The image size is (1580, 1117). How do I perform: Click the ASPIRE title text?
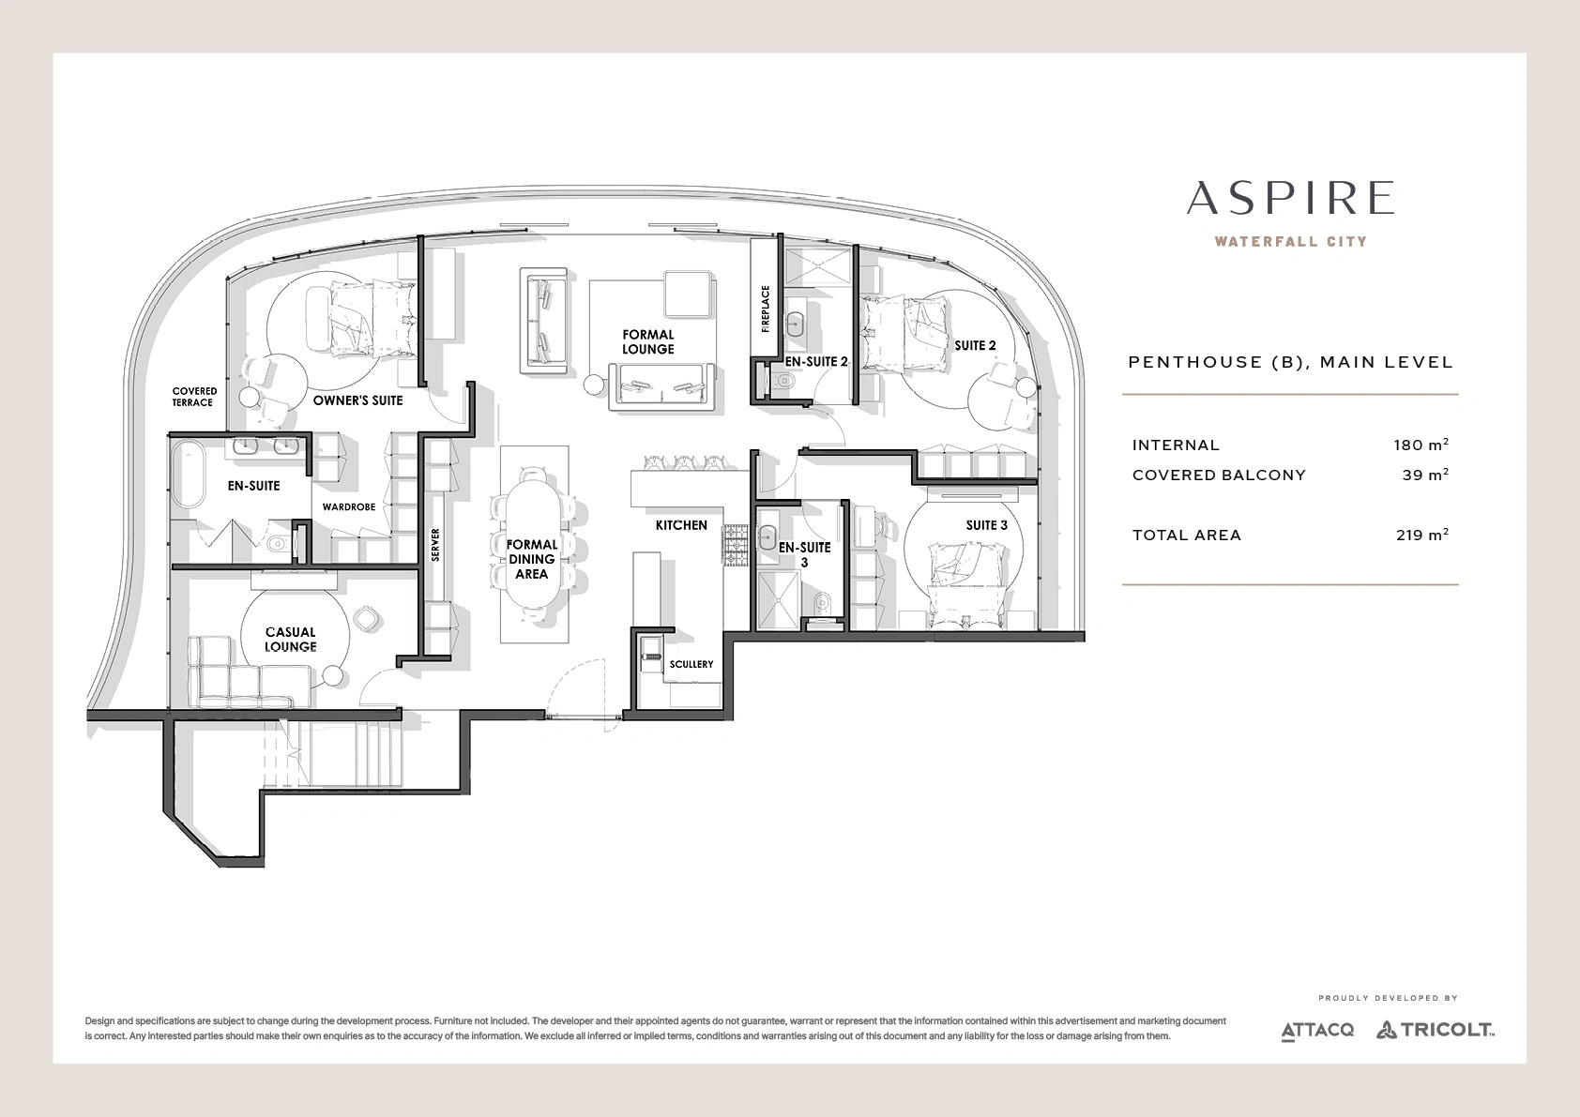(1290, 198)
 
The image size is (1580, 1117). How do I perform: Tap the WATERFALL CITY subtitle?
(1290, 241)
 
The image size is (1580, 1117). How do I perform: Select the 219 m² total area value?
(1422, 535)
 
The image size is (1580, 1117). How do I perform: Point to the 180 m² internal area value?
(1421, 445)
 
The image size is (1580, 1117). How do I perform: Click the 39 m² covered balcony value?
(1425, 475)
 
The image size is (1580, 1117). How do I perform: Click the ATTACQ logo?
(1317, 1031)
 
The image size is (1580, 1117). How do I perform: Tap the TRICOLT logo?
(1436, 1030)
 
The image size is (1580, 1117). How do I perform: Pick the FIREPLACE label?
(766, 309)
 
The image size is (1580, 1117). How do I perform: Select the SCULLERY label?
(691, 664)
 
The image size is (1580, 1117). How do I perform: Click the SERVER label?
(435, 545)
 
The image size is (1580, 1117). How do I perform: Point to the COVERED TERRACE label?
(194, 397)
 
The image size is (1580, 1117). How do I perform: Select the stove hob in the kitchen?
(735, 545)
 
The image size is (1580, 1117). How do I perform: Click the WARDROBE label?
(349, 507)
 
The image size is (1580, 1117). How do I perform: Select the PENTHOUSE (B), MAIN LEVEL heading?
(1291, 362)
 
